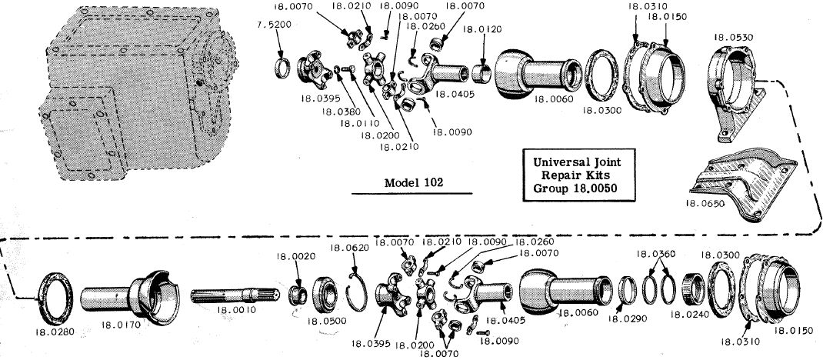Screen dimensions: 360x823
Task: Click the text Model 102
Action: click(x=415, y=183)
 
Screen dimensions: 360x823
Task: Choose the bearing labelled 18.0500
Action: click(x=326, y=295)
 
